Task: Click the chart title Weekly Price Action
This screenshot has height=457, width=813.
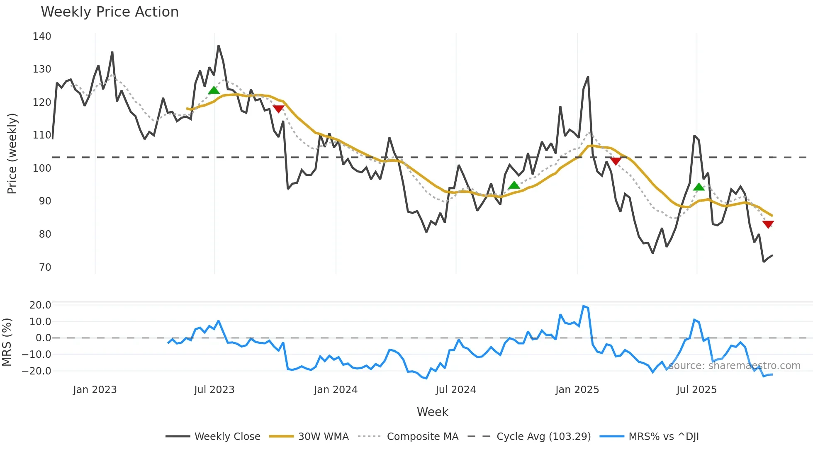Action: tap(110, 12)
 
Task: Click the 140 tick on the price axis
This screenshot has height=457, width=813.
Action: tap(42, 36)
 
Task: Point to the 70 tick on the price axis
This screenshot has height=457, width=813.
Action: tap(45, 267)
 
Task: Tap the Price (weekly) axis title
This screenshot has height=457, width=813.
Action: tap(12, 153)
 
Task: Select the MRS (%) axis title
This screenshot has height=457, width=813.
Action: tap(7, 342)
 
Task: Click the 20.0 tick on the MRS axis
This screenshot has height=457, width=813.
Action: tap(40, 305)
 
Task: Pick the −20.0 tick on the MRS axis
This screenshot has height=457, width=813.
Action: tap(37, 371)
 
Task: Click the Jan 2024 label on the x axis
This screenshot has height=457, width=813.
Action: tap(336, 390)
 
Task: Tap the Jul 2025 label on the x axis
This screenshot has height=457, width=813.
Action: tap(696, 390)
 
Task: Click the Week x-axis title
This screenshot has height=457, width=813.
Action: tap(432, 412)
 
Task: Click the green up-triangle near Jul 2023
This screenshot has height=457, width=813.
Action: tap(214, 90)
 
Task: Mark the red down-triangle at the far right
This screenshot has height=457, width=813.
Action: tap(768, 224)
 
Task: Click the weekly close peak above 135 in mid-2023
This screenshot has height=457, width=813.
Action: tap(219, 46)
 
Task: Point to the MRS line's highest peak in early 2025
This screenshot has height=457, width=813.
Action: tap(584, 306)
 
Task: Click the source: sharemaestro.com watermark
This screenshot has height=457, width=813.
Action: tap(734, 366)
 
